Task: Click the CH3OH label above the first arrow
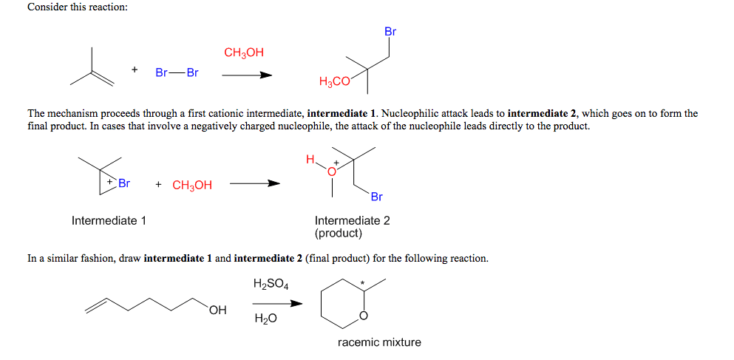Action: point(243,52)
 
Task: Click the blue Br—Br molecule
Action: point(177,73)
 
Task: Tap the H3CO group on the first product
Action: point(334,82)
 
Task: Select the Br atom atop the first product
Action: point(390,32)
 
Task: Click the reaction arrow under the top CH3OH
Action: point(246,75)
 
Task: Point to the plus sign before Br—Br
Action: point(135,69)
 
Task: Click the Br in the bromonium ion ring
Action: point(123,183)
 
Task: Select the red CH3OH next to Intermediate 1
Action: point(192,186)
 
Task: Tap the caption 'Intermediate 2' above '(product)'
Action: point(352,220)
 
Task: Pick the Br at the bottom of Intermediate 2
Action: point(376,197)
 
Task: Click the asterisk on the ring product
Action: point(363,282)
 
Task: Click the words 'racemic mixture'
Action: point(379,342)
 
